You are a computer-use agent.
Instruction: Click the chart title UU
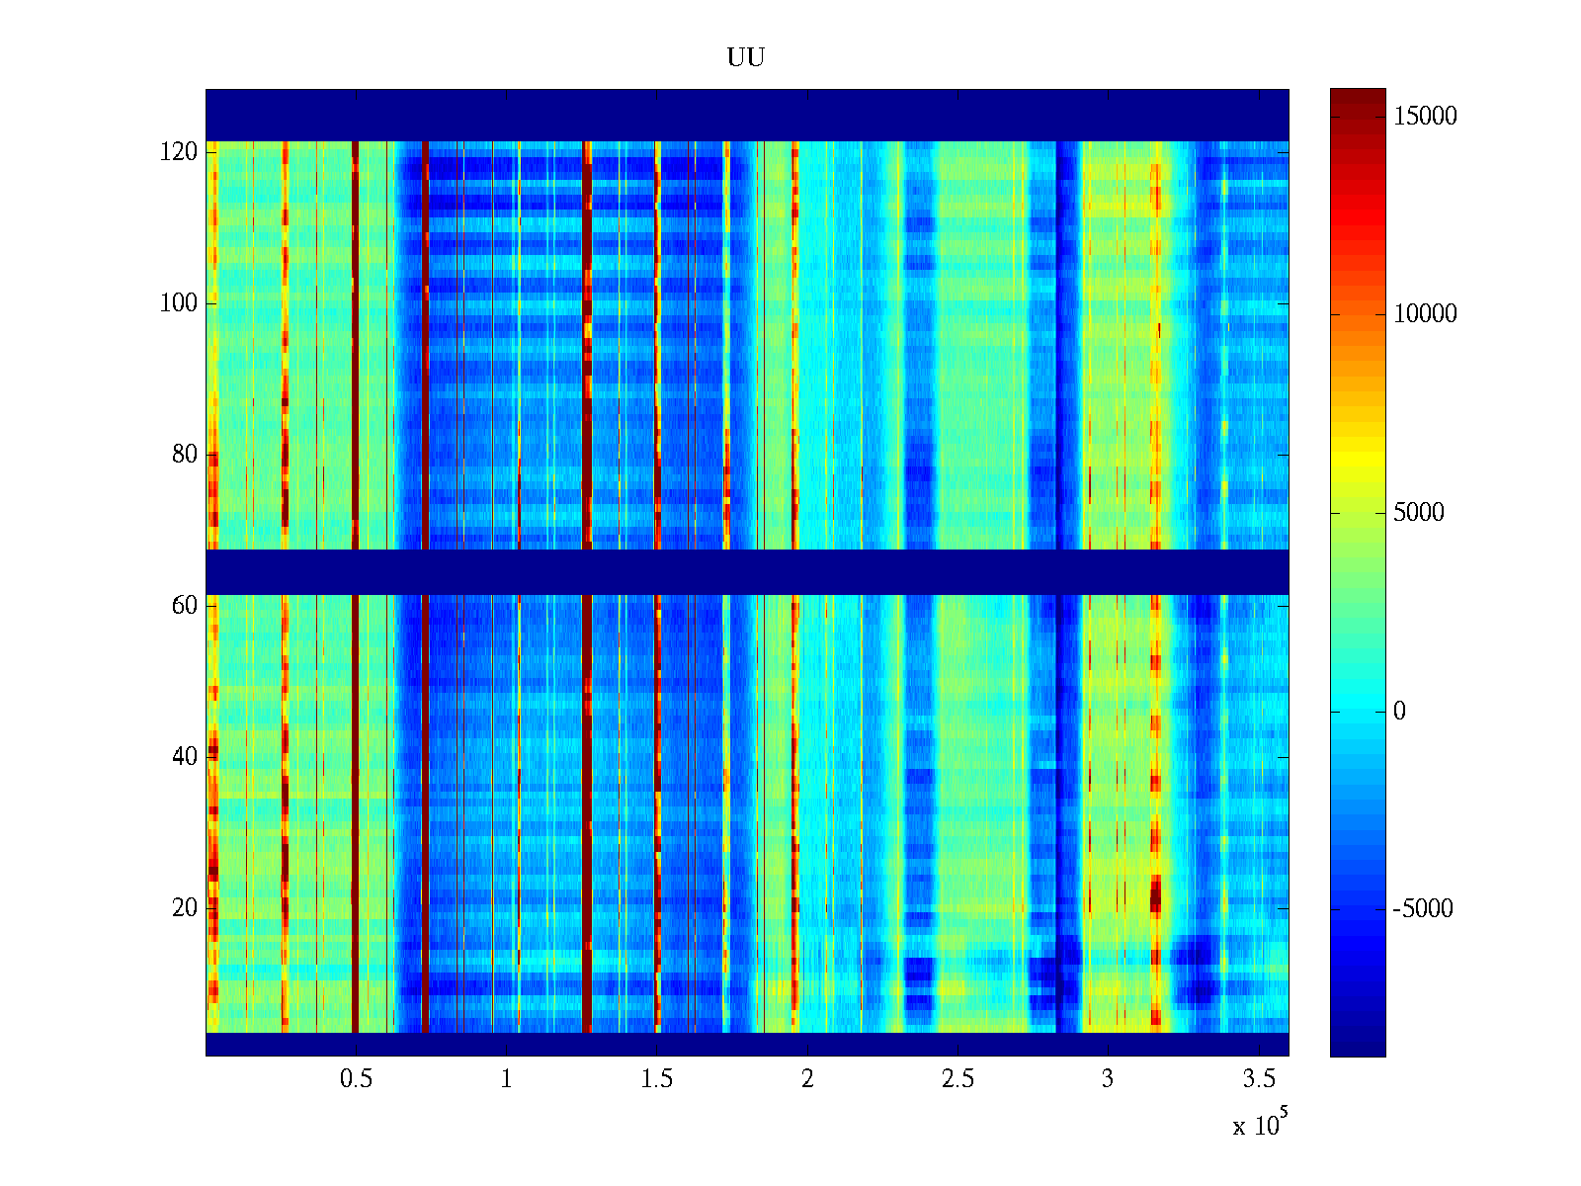746,58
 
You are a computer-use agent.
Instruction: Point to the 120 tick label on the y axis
179,152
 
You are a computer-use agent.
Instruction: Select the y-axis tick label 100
179,303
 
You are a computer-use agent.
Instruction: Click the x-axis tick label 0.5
356,1079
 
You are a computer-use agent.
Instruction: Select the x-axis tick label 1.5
657,1079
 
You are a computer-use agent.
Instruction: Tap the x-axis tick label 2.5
957,1079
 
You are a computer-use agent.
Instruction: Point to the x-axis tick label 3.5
1258,1079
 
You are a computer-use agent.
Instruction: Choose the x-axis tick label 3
1108,1079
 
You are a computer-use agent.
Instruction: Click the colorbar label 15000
1425,117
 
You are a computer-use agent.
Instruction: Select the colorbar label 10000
1425,314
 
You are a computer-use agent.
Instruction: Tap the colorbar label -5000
1423,909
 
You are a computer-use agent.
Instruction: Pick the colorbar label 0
1399,712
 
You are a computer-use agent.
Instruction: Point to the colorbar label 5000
1419,513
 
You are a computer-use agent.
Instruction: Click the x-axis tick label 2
807,1079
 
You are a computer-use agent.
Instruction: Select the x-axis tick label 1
506,1079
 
